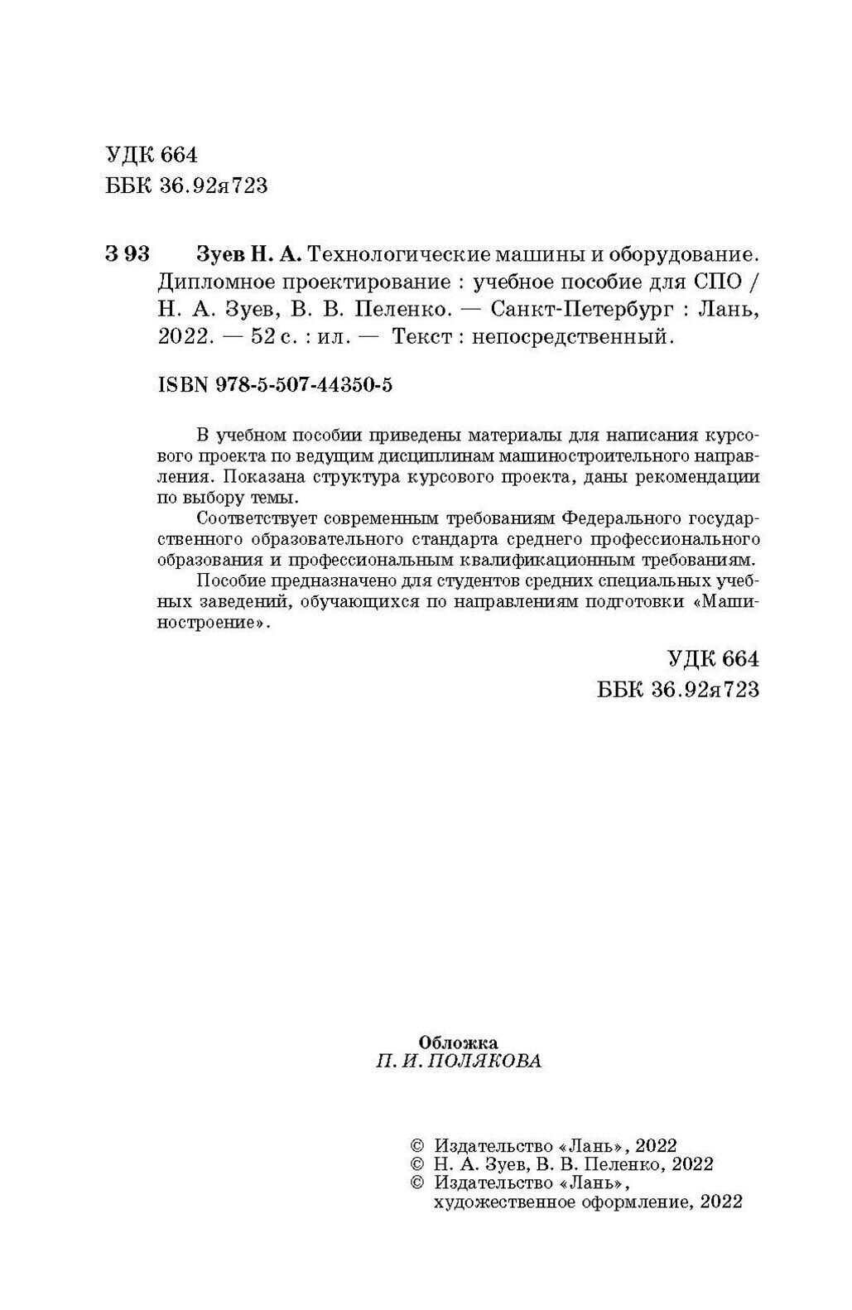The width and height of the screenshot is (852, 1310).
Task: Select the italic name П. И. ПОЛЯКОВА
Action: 459,1062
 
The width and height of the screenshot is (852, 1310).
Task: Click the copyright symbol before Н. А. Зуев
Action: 417,1163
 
